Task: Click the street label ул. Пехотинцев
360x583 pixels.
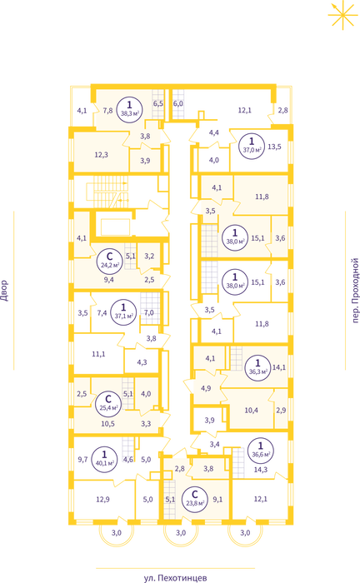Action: pos(175,578)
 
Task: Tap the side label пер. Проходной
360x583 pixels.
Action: pos(355,291)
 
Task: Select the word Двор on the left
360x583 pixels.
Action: pos(4,291)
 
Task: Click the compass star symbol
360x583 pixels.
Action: pos(342,14)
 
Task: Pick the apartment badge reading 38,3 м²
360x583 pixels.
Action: pos(129,107)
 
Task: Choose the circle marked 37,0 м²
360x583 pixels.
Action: pos(252,146)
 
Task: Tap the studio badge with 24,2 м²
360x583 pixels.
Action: pos(109,260)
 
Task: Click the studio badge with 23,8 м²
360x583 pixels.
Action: pos(195,500)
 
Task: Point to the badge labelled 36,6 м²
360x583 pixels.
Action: pos(261,450)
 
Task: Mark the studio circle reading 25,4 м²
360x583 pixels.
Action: pos(108,403)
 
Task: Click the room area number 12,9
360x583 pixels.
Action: pos(102,500)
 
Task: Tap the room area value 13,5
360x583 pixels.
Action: pos(274,147)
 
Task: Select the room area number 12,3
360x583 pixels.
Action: pos(101,155)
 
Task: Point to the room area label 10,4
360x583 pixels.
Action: pos(252,411)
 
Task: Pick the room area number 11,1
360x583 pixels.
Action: pos(98,354)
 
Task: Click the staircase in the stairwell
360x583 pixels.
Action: pos(107,192)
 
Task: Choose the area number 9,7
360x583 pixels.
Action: pos(82,460)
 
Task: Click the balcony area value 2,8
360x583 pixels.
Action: pos(283,111)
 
